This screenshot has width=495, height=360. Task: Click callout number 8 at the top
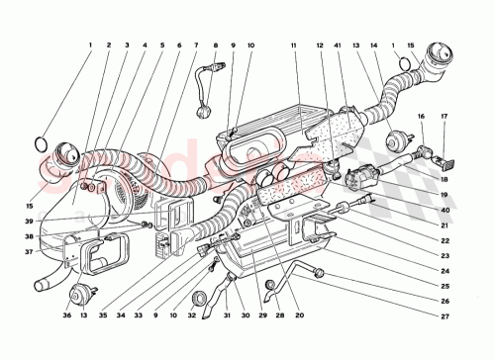pyautogui.click(x=216, y=45)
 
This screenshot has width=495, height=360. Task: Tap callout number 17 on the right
pyautogui.click(x=444, y=118)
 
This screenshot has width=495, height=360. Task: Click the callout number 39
pyautogui.click(x=30, y=222)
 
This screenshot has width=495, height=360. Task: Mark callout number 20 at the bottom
pyautogui.click(x=298, y=315)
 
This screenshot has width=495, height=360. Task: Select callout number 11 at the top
pyautogui.click(x=294, y=45)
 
